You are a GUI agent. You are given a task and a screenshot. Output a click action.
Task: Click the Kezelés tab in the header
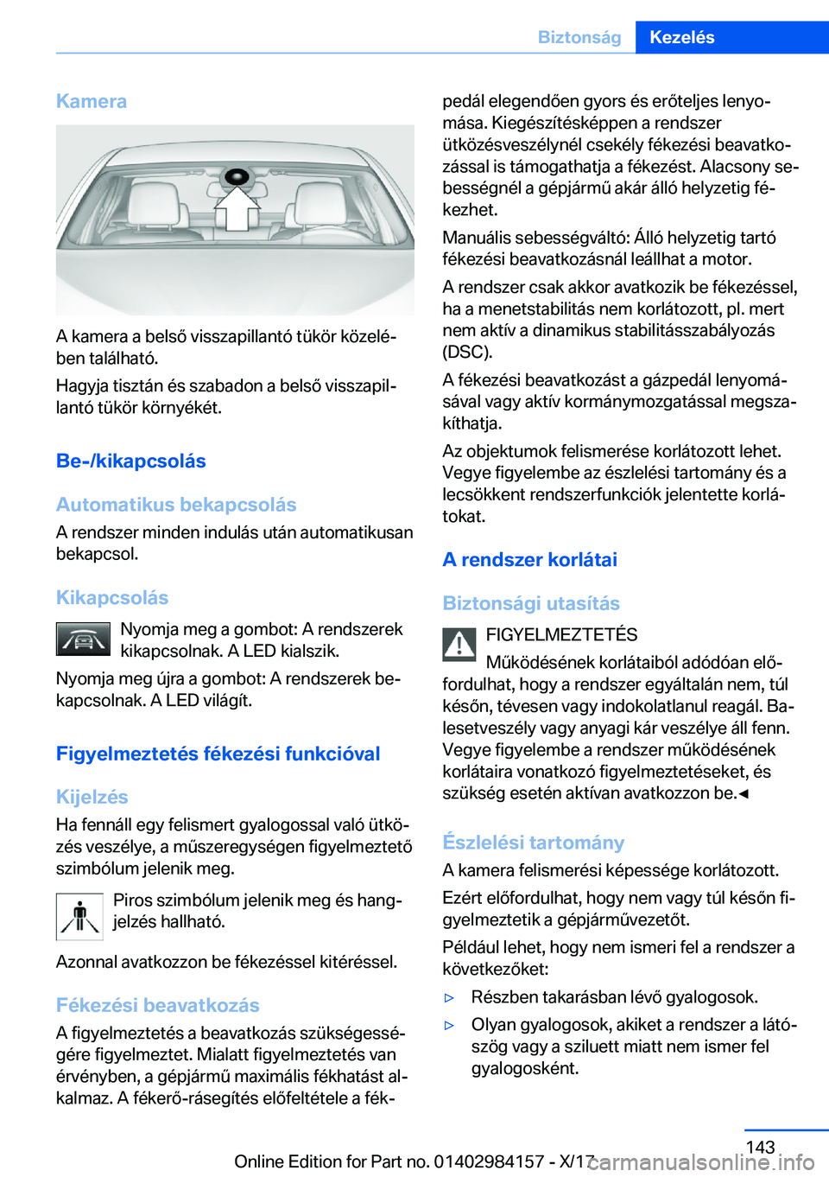tap(681, 37)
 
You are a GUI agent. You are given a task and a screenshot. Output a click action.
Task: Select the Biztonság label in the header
tap(579, 37)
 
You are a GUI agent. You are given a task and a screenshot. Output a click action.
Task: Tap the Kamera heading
tap(92, 101)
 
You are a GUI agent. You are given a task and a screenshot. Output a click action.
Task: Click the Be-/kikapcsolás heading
tap(131, 461)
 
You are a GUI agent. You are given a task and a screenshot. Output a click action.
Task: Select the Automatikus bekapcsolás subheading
tap(176, 505)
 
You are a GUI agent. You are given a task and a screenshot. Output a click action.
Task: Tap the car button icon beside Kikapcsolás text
tap(83, 639)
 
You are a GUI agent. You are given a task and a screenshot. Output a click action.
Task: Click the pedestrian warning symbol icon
tap(79, 916)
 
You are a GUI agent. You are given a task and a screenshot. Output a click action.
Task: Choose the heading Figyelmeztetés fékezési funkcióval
tap(218, 754)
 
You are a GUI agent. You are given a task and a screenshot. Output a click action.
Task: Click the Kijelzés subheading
tap(92, 797)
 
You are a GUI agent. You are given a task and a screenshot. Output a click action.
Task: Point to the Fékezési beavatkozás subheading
tap(157, 1005)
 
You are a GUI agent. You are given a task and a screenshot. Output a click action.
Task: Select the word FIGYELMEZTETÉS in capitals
tap(561, 635)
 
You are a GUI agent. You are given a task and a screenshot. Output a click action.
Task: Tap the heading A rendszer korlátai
tap(529, 560)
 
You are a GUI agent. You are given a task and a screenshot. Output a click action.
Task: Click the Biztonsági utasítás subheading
tap(531, 603)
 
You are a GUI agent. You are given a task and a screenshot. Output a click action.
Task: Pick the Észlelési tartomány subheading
tap(533, 843)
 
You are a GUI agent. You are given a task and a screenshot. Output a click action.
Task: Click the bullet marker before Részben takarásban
tap(449, 997)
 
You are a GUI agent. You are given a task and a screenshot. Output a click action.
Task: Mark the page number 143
tap(760, 1147)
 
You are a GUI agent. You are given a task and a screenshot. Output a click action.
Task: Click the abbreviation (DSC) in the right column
tap(467, 352)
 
